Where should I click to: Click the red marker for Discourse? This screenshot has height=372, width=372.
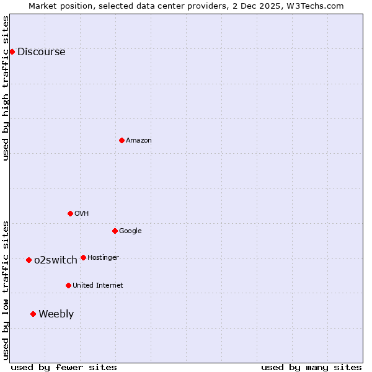click(12, 51)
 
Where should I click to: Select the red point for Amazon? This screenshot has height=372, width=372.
click(122, 140)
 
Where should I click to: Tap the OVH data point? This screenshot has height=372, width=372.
click(70, 213)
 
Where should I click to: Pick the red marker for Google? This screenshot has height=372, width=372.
click(115, 231)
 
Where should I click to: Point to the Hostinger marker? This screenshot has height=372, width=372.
click(83, 257)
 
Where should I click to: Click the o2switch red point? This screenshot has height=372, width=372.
click(29, 260)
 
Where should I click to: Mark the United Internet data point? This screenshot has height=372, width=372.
click(68, 285)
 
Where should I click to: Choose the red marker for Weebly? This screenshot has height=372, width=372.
click(33, 314)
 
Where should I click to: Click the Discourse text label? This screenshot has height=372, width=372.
click(41, 52)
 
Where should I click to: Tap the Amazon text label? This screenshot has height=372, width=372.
click(139, 141)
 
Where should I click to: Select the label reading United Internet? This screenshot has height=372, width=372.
click(97, 286)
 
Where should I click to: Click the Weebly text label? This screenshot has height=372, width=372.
click(56, 314)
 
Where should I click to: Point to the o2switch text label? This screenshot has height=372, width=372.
click(56, 260)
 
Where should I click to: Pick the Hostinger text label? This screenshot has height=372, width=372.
click(103, 258)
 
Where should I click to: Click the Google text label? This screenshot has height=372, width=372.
click(130, 231)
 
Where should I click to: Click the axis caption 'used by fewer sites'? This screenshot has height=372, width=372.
click(64, 367)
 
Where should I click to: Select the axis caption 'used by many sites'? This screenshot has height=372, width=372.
click(311, 367)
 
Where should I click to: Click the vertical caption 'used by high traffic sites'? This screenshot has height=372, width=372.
click(6, 88)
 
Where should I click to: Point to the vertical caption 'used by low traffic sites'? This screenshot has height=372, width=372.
click(6, 290)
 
